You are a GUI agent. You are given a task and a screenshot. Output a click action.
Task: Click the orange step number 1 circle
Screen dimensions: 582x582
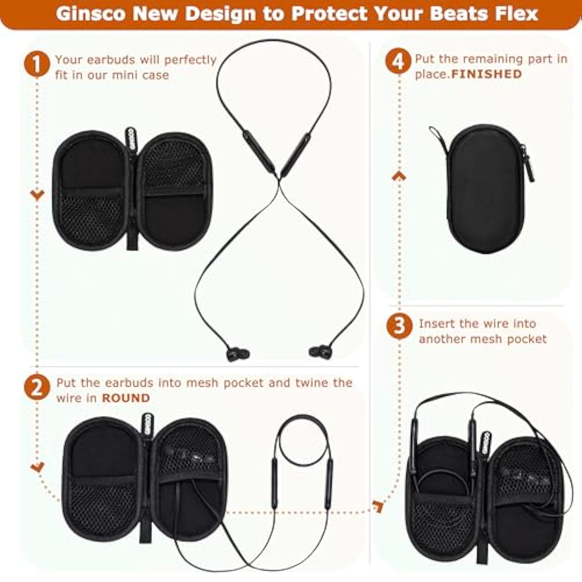pos(37,64)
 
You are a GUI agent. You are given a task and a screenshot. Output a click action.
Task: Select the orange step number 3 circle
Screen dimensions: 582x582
pos(399,326)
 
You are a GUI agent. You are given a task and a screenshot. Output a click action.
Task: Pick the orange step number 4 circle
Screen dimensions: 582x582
pos(398,61)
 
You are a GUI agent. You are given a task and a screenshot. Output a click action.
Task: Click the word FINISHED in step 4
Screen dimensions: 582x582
pos(487,74)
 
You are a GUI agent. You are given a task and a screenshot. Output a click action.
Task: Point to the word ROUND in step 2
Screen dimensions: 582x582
pos(126,398)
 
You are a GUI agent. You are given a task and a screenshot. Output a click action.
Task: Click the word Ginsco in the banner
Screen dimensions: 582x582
pos(91,14)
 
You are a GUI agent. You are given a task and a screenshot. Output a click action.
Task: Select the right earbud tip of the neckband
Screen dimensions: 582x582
pos(320,352)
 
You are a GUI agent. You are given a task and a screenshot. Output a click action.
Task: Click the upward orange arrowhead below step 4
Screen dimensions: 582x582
pos(399,177)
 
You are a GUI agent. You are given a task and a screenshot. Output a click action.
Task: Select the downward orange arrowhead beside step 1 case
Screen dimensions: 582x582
pos(37,195)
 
